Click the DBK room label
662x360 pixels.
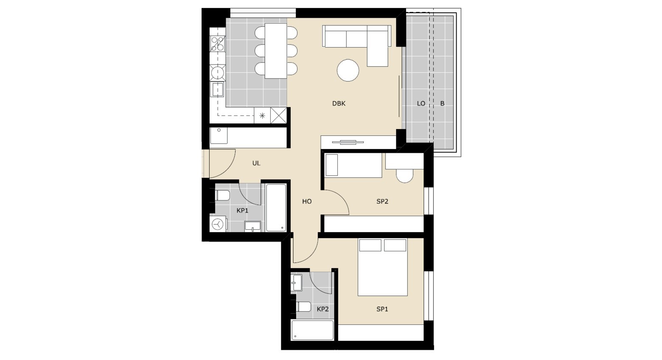coord(339,104)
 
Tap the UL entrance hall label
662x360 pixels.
coord(256,163)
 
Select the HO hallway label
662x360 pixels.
coord(307,202)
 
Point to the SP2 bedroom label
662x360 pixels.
coord(382,202)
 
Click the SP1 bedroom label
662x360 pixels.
coord(382,309)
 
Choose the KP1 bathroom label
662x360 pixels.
coord(242,211)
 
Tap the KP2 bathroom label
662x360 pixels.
coord(323,309)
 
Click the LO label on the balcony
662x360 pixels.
coord(421,104)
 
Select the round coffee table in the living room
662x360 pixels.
coord(348,70)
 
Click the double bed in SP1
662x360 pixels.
coord(382,267)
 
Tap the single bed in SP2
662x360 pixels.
coord(353,165)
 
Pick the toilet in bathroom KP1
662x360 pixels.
coord(222,195)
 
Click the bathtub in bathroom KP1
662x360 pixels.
coord(276,208)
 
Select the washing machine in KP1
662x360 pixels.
coord(218,224)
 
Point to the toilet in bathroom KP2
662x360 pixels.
coord(304,307)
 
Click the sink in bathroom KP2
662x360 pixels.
coord(296,283)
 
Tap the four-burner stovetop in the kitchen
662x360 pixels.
coord(218,44)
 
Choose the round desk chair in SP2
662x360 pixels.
coord(404,176)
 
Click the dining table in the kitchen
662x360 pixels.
coord(276,51)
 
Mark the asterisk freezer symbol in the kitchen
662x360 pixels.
coord(262,115)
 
